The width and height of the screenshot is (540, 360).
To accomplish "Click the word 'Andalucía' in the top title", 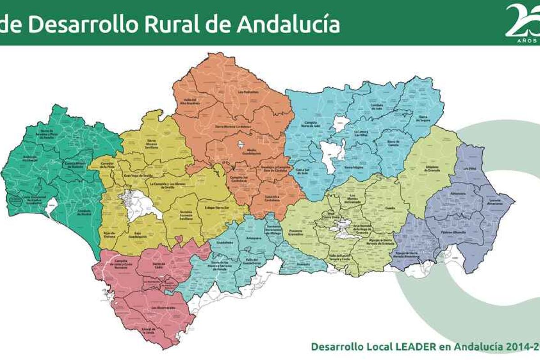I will (x=288, y=24).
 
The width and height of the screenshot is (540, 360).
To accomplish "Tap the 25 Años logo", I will (x=522, y=22).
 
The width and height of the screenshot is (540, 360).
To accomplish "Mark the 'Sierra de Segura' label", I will (x=423, y=118).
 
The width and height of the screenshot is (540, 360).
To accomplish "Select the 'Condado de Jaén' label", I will (x=377, y=107).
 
